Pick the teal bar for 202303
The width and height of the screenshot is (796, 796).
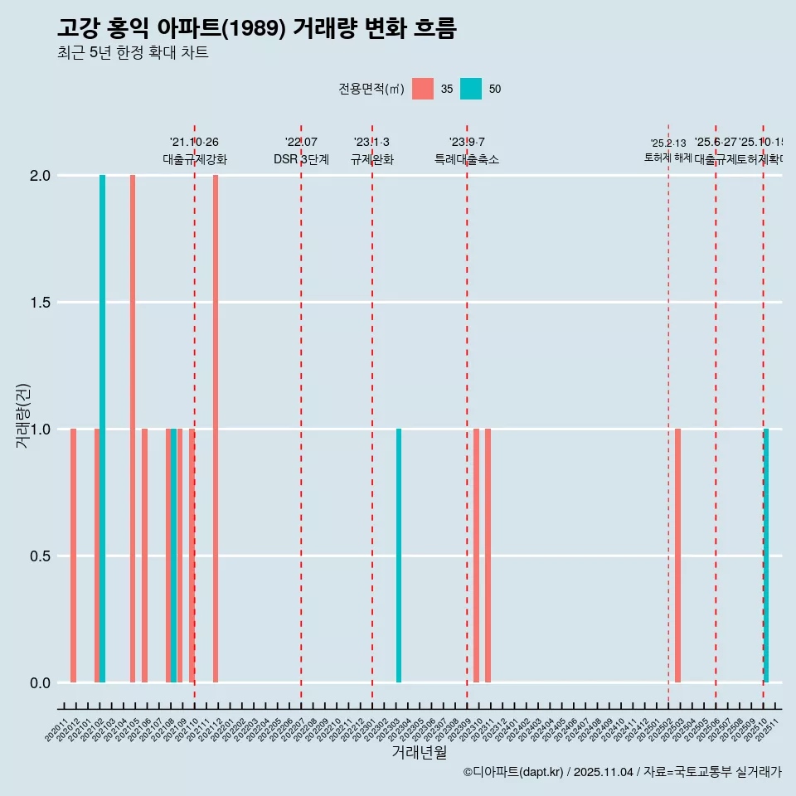[399, 556]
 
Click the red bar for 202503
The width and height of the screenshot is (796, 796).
[677, 556]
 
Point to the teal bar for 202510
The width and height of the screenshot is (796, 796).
[766, 556]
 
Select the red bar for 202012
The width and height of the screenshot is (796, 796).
[73, 556]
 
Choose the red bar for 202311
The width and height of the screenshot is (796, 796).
[488, 556]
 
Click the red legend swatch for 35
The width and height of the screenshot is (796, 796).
[423, 89]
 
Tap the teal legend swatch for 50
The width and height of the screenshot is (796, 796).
[471, 89]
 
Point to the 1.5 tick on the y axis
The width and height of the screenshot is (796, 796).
[41, 303]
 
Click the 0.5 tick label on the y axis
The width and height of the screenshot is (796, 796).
[41, 556]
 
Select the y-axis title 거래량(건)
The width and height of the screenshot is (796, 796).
[22, 415]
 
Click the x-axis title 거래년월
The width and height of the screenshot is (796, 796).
[419, 753]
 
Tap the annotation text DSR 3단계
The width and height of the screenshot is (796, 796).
[301, 160]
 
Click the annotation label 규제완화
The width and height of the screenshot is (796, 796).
[371, 160]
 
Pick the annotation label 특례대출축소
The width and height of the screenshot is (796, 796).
[467, 160]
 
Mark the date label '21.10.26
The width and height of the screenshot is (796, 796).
[194, 143]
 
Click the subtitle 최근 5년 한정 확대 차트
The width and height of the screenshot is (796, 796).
[133, 53]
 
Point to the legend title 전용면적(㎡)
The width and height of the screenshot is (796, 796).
[371, 89]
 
